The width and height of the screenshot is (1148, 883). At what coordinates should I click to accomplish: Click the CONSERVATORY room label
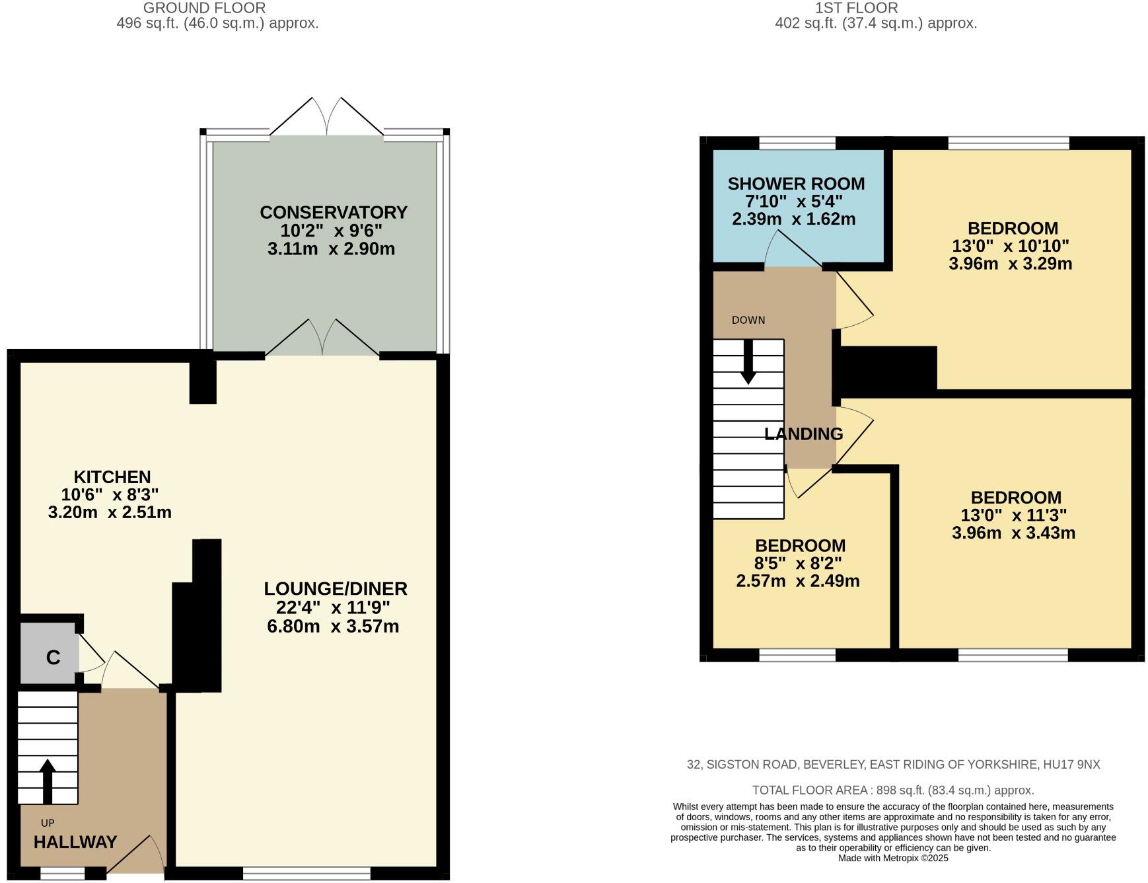click(333, 213)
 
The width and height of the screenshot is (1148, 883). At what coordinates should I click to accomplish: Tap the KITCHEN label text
click(112, 477)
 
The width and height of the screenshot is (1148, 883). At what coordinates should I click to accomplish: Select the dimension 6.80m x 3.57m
click(333, 627)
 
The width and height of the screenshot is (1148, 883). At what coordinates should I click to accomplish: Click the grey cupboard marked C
click(52, 658)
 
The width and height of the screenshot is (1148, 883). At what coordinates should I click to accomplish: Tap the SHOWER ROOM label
click(796, 184)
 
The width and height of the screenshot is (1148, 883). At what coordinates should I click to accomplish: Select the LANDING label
click(803, 434)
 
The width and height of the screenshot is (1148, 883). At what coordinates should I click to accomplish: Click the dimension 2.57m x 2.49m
click(797, 582)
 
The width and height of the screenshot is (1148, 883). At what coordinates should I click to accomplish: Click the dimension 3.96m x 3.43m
click(1013, 533)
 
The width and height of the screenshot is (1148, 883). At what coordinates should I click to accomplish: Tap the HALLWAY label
click(75, 842)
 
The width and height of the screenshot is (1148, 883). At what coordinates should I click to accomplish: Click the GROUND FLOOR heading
click(204, 8)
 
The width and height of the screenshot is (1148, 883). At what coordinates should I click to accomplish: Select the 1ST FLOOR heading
click(856, 8)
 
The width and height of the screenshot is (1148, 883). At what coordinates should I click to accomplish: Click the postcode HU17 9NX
click(1071, 765)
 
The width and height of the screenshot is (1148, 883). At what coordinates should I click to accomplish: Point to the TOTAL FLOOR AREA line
click(893, 790)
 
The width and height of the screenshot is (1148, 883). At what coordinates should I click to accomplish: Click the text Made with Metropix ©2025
click(893, 859)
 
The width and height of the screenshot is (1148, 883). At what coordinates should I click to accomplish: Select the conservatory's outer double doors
click(326, 118)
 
